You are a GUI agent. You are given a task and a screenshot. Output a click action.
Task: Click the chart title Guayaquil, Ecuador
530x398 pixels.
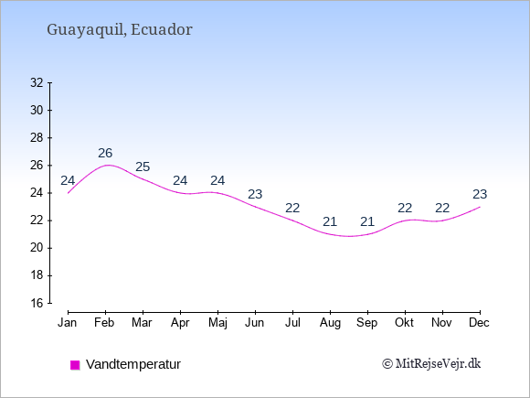pos(120,30)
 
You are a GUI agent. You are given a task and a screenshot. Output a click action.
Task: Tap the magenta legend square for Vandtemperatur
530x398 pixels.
pos(75,365)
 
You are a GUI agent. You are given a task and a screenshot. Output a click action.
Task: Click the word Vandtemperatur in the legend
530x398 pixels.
pos(133,364)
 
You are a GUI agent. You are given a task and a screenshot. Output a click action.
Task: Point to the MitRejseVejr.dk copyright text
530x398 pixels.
pos(431,363)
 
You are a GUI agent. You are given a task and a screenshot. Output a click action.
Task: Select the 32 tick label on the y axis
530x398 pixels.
pos(37,82)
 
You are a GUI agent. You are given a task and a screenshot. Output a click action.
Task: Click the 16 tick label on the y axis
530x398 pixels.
pos(37,303)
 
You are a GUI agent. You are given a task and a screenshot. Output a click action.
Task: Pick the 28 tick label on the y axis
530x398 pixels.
pos(37,138)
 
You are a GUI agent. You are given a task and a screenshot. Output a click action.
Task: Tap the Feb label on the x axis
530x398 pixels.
pos(104,323)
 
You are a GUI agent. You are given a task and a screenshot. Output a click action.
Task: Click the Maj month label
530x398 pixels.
pos(217,323)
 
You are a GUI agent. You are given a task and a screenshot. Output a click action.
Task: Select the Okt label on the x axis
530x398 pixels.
pos(405,323)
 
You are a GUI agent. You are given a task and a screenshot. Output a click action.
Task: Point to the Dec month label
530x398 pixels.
pos(480,323)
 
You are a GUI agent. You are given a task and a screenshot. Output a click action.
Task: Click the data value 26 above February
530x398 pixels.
pos(105,153)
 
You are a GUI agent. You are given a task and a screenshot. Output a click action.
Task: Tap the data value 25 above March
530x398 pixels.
pos(143,167)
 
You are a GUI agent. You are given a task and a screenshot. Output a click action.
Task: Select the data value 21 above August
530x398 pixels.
pos(330,221)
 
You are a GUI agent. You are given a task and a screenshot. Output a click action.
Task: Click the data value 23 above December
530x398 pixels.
pos(480,194)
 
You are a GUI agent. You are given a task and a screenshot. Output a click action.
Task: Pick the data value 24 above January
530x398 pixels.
pos(68,181)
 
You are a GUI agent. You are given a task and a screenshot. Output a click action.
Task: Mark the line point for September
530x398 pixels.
pos(367,234)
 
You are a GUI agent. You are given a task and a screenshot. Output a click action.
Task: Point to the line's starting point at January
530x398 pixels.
pos(68,193)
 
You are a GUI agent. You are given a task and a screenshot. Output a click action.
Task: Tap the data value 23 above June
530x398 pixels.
pos(255,194)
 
